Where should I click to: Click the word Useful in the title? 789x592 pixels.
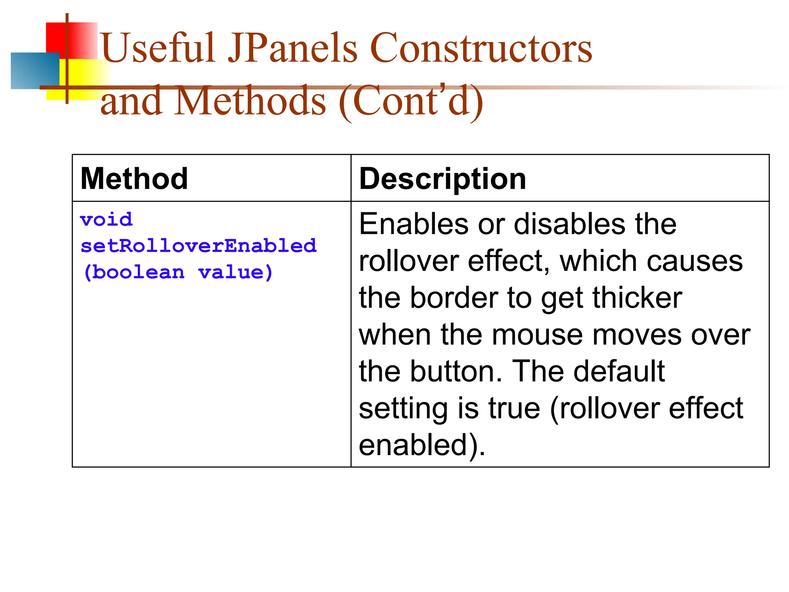click(158, 48)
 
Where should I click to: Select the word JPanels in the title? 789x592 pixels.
click(293, 48)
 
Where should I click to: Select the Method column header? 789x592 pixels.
click(134, 179)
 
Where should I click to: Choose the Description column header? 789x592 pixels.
click(442, 179)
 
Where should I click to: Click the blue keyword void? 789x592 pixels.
click(106, 220)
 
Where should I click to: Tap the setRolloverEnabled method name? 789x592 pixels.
click(198, 246)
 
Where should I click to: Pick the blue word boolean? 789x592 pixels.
click(138, 272)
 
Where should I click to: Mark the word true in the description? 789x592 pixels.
click(514, 408)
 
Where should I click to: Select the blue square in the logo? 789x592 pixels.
click(35, 71)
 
